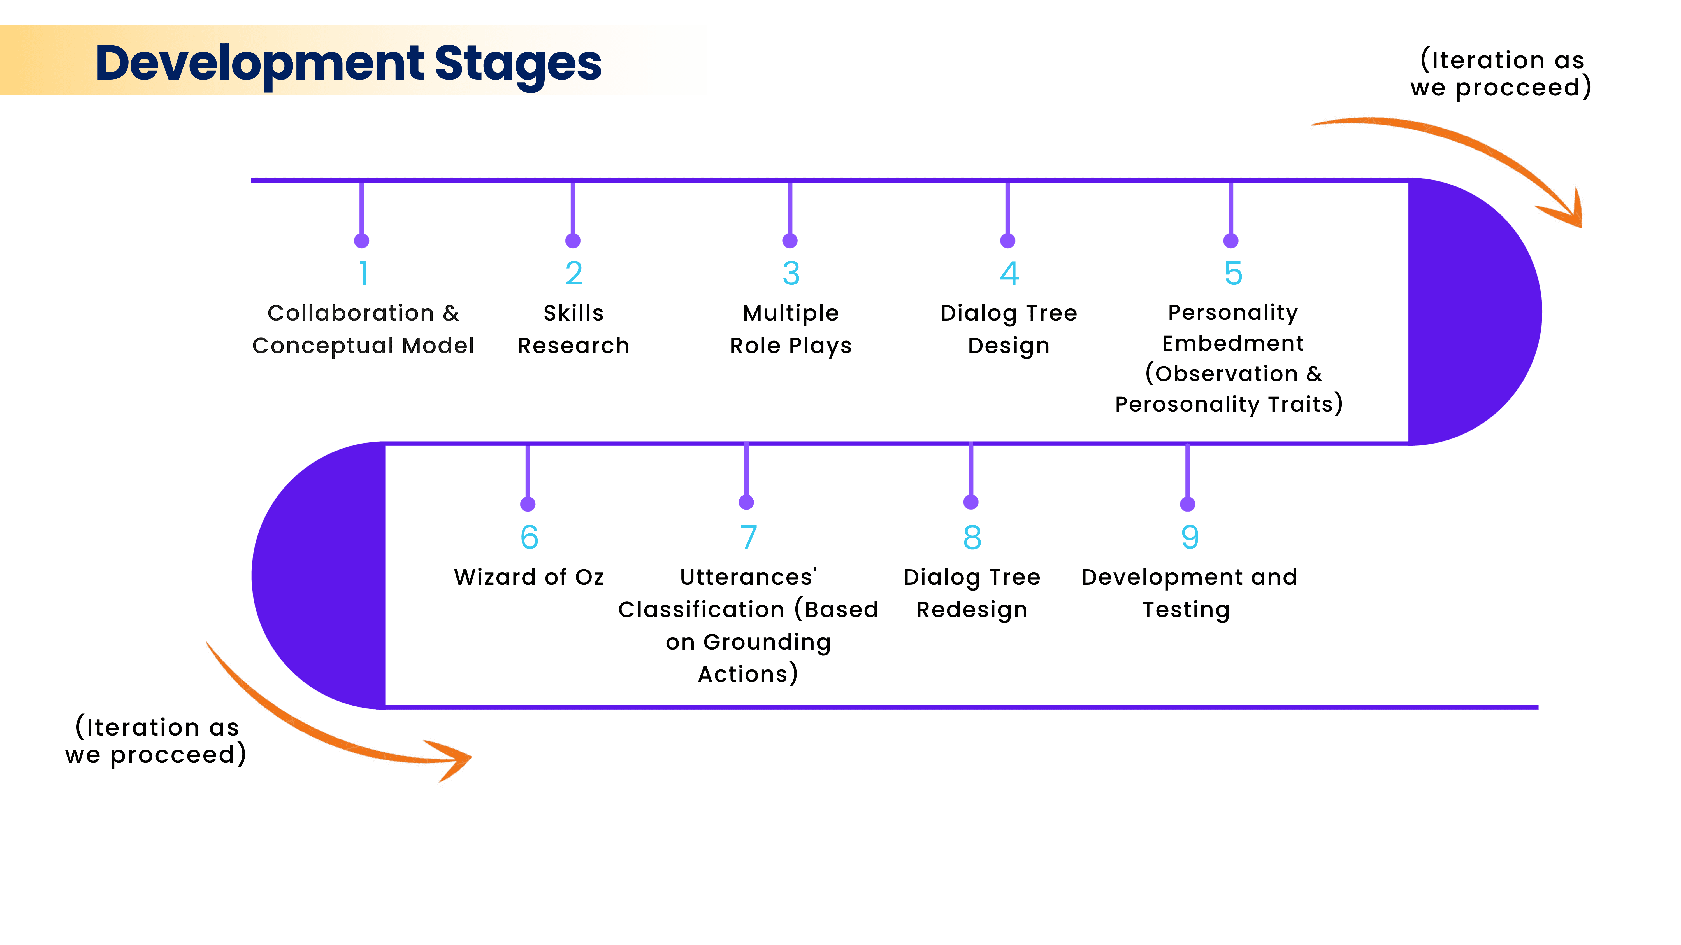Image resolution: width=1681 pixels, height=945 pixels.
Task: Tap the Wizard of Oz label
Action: pos(529,577)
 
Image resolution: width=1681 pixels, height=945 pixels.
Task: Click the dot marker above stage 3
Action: pos(790,241)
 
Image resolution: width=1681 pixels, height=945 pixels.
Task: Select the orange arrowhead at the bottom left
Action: pos(454,760)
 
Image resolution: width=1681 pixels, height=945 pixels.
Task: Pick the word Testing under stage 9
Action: pos(1186,610)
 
